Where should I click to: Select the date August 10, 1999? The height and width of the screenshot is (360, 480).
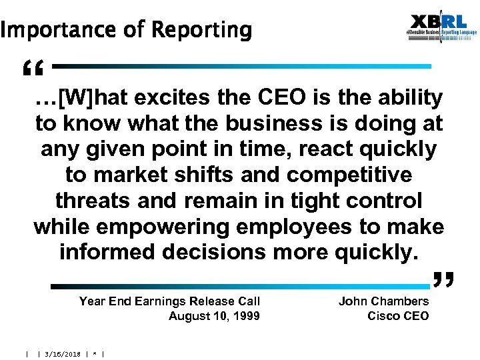click(214, 316)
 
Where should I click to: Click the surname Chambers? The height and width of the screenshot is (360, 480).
click(400, 301)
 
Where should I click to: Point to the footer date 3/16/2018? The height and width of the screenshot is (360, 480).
click(63, 354)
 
